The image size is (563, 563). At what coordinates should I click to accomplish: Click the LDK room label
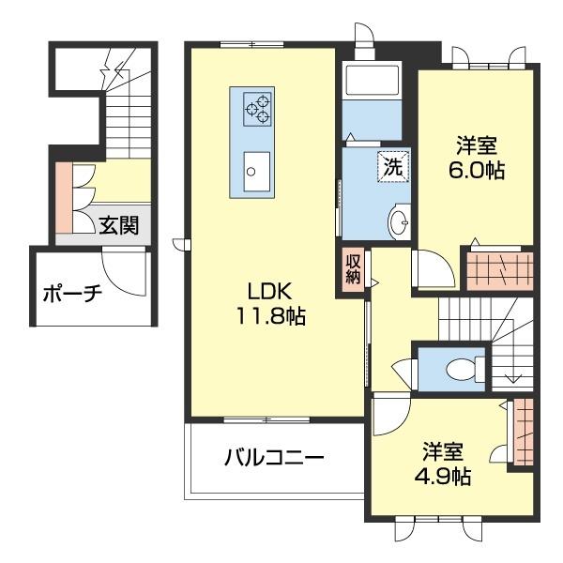[x=271, y=292]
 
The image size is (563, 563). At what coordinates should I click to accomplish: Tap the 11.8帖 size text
[x=271, y=316]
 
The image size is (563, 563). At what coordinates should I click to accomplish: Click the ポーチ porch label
[x=72, y=293]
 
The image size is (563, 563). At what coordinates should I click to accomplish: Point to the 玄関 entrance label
[x=119, y=225]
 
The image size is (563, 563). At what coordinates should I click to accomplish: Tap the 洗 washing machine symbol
[x=393, y=167]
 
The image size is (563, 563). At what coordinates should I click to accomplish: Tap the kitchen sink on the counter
[x=253, y=171]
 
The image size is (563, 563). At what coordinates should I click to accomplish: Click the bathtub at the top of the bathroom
[x=373, y=82]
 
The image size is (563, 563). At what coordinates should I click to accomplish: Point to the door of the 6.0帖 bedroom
[x=434, y=271]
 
